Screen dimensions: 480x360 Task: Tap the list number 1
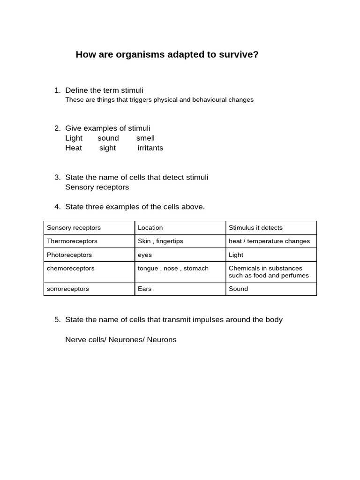pos(57,90)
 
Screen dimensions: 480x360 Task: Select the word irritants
pos(150,148)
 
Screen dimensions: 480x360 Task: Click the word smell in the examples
pos(145,138)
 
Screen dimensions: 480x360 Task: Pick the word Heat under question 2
pos(74,148)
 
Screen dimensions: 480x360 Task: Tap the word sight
pos(107,148)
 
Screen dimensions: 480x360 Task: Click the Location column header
pos(150,228)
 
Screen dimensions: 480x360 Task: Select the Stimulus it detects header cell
pos(255,228)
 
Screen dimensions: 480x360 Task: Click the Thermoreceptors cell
pos(72,241)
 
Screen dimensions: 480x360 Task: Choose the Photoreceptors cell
pos(69,255)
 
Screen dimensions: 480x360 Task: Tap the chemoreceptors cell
pos(71,268)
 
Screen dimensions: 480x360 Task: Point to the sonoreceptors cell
pos(68,289)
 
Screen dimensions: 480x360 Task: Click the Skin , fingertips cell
pos(160,241)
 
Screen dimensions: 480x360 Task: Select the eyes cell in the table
pos(145,255)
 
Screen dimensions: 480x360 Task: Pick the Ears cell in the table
pos(145,289)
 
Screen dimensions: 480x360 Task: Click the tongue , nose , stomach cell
pos(173,268)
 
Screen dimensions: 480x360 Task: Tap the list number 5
pos(57,320)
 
